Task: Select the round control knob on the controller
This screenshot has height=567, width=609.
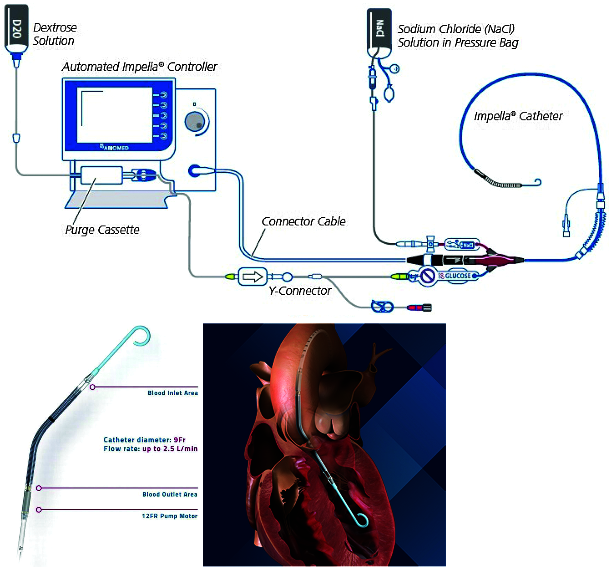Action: pyautogui.click(x=195, y=122)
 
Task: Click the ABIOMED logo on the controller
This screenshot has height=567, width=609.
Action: pyautogui.click(x=115, y=147)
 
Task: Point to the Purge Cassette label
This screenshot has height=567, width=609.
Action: pyautogui.click(x=102, y=230)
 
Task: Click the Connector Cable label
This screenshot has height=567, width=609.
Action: pyautogui.click(x=304, y=221)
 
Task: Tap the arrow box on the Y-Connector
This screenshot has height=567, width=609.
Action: pyautogui.click(x=253, y=276)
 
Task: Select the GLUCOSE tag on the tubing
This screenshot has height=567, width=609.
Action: pyautogui.click(x=458, y=276)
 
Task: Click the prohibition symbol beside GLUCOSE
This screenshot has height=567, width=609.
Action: pyautogui.click(x=427, y=276)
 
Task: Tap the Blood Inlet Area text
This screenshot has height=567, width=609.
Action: pyautogui.click(x=172, y=393)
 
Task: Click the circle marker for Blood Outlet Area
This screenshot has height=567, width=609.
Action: pyautogui.click(x=39, y=488)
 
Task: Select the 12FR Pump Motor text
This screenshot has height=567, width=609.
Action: pyautogui.click(x=170, y=516)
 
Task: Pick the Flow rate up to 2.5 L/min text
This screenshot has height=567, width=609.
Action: pyautogui.click(x=151, y=448)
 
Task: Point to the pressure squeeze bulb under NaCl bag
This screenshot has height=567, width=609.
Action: pyautogui.click(x=389, y=94)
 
